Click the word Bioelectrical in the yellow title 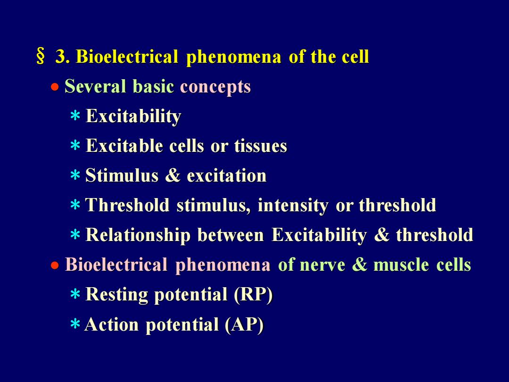point(127,56)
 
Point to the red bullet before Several point(55,87)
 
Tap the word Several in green point(95,86)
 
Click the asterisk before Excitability point(75,116)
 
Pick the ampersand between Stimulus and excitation point(172,175)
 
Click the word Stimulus point(122,175)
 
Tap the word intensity point(293,206)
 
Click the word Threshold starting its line point(127,205)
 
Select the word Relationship point(138,235)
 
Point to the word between point(230,235)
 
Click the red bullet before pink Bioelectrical point(55,266)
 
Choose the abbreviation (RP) point(253,295)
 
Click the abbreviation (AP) point(244,324)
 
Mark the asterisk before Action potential point(75,324)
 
